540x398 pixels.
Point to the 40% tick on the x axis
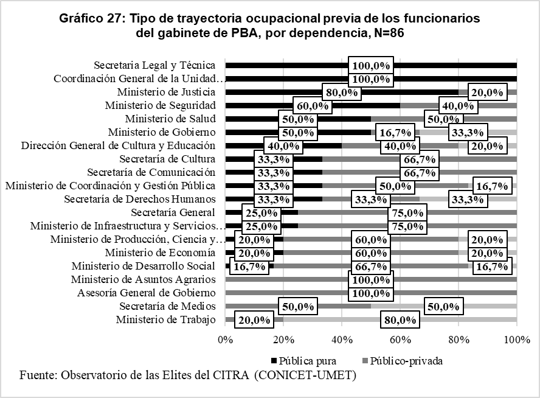click(x=342, y=338)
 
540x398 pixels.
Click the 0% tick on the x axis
click(x=226, y=338)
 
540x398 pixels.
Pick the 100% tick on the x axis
click(x=516, y=338)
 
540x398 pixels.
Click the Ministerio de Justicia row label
click(x=166, y=93)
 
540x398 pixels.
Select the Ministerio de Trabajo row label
click(x=165, y=319)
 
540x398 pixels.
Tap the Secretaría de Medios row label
click(x=167, y=306)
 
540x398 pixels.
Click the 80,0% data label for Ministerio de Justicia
click(x=341, y=93)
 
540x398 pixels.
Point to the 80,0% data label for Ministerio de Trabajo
click(x=400, y=320)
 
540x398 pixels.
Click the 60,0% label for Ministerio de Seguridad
click(x=313, y=106)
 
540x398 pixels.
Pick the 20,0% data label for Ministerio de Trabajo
click(x=254, y=320)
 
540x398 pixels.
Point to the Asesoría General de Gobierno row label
click(x=147, y=293)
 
